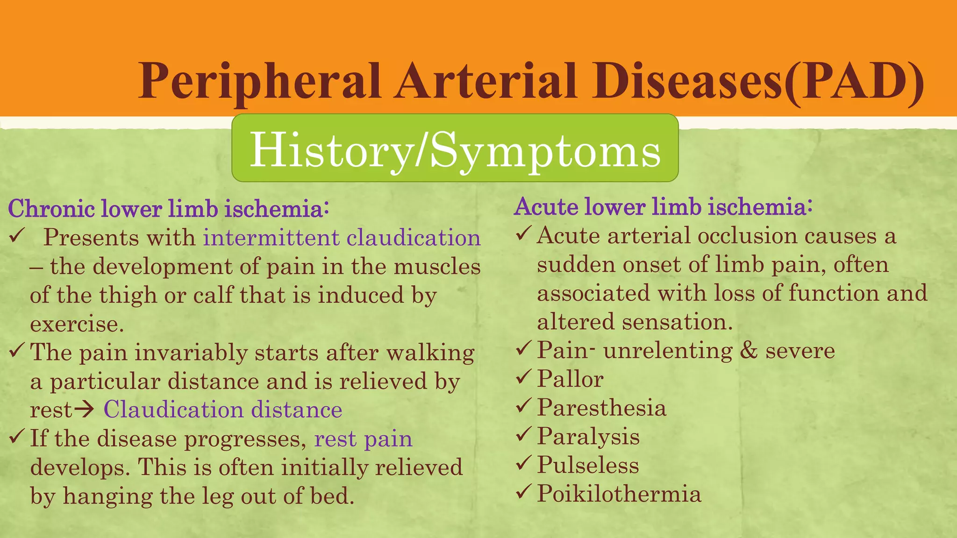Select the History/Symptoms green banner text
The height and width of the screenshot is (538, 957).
455,149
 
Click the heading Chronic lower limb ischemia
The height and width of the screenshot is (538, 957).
168,208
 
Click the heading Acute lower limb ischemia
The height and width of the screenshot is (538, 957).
663,206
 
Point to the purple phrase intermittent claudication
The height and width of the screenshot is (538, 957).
342,237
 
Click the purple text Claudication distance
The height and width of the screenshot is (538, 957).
223,410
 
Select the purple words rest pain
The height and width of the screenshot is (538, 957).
364,439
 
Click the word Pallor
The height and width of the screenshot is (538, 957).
570,379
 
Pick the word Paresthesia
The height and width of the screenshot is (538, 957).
601,407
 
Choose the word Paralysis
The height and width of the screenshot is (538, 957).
588,436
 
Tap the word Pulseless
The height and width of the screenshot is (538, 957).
588,465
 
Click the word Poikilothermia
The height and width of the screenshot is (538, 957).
619,494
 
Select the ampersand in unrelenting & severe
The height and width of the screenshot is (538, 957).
749,351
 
